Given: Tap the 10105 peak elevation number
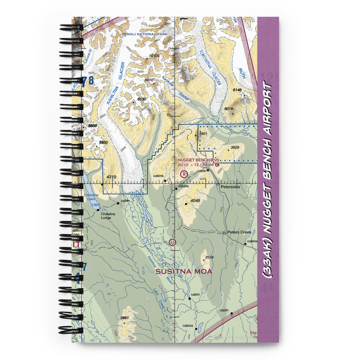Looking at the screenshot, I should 154,56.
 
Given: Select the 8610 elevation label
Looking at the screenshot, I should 149,80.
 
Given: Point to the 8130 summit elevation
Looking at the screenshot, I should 142,99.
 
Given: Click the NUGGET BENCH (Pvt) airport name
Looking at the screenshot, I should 198,160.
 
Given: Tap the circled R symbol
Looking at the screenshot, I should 184,175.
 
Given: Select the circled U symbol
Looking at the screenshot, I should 173,243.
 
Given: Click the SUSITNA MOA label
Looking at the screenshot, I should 184,272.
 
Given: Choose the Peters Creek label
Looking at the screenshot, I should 239,232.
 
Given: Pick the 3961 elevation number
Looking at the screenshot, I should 125,318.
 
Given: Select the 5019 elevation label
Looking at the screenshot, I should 229,109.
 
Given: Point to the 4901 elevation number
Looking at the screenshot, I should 203,134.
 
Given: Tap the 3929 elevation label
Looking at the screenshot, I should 235,148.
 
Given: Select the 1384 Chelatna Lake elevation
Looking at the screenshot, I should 95,205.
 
